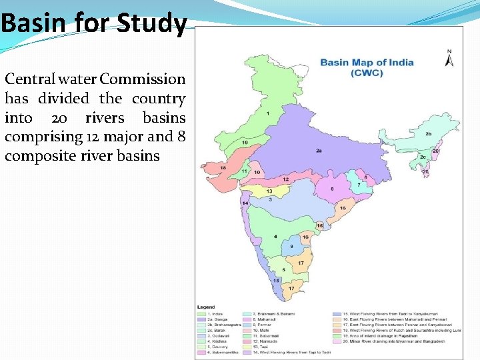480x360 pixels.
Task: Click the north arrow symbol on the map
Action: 450,59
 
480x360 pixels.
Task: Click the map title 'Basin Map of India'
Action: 367,63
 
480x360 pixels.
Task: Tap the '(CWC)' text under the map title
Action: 367,73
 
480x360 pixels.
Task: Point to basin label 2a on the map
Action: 319,151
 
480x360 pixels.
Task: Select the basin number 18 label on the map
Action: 223,168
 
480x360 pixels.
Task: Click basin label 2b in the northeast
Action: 429,134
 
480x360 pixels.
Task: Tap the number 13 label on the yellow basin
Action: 269,191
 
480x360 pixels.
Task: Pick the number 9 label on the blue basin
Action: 291,247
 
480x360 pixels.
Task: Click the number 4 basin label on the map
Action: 275,237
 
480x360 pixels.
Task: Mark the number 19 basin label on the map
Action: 245,143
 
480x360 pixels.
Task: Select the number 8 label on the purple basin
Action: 333,189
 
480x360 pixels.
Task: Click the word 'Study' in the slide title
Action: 151,24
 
